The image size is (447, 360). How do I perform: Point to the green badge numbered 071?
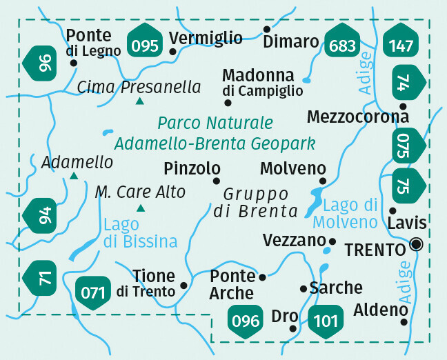pos(92,291)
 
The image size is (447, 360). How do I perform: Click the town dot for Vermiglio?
pos(172,51)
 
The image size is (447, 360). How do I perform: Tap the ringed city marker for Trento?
pos(416,243)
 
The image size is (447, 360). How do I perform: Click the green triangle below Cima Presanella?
pos(140,102)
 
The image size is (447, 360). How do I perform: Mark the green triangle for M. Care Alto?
pos(141,208)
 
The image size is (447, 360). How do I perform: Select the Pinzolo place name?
pos(192,168)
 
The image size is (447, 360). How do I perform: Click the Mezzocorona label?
pos(358,116)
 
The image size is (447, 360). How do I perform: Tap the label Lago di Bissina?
pos(140,233)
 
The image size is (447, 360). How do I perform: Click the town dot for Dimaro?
pos(267,30)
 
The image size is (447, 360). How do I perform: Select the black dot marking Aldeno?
pos(404,321)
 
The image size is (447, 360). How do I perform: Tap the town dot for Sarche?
pos(303,288)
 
